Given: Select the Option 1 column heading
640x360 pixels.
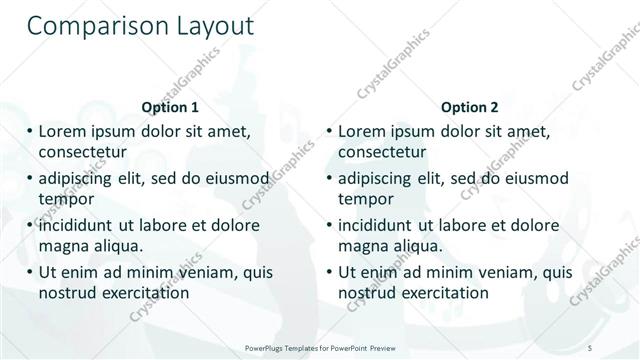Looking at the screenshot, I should click(170, 107).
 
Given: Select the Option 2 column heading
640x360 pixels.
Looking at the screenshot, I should click(469, 107).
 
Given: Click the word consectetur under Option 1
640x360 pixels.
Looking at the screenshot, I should click(83, 152).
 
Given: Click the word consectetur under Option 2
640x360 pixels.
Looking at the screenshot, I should click(382, 152).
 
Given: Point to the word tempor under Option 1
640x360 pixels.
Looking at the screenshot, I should click(65, 198).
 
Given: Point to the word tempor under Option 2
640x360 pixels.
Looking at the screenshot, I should click(364, 198).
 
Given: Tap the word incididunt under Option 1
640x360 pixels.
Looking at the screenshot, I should click(79, 225).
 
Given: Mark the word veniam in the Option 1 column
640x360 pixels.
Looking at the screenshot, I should click(198, 271).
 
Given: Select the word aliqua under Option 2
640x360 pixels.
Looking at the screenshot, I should click(418, 245).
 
